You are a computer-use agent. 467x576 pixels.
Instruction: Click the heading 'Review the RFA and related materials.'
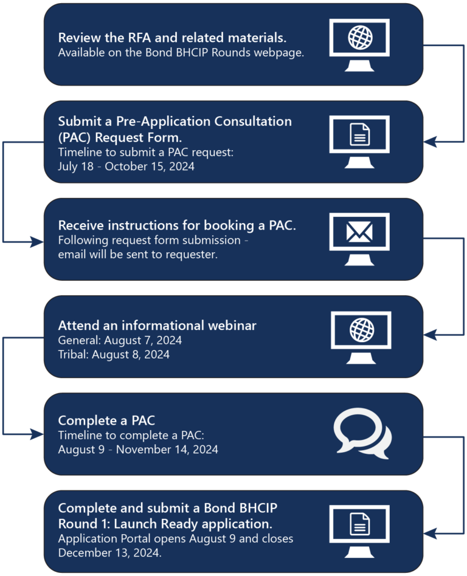coord(172,38)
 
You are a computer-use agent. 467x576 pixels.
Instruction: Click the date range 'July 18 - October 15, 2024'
coord(126,166)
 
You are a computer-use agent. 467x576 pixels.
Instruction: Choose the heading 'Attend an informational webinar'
coord(157,326)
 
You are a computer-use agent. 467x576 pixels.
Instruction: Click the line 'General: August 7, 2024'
coord(120,340)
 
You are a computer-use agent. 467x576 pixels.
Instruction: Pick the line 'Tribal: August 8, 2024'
coord(114,354)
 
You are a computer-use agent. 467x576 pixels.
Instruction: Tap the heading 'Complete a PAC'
coord(106,420)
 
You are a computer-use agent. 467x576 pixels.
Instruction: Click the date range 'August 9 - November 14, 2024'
coord(138,450)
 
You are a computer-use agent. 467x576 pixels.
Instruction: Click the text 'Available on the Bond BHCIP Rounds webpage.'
coord(181,53)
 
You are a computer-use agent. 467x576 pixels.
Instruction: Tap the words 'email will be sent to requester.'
coord(137,255)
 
